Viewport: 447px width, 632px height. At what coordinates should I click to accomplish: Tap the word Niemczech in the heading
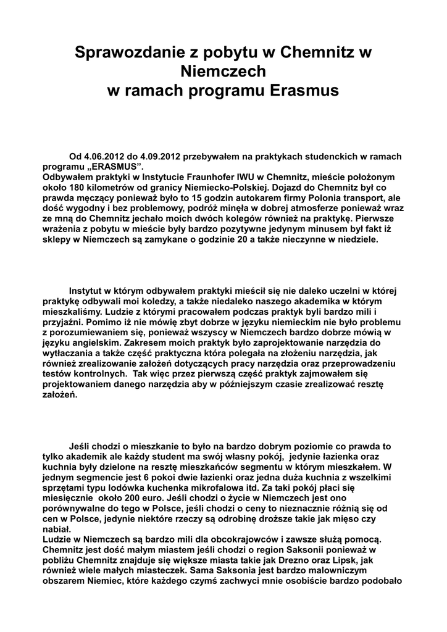[x=223, y=73]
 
